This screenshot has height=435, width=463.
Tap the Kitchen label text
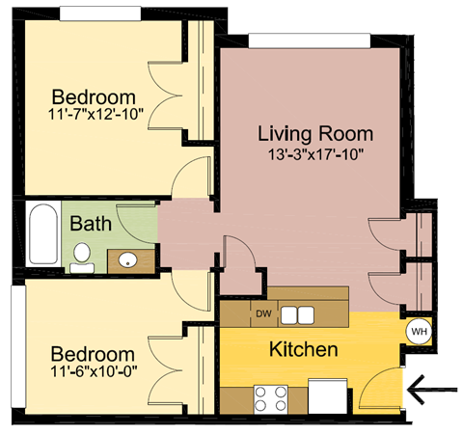tap(303, 349)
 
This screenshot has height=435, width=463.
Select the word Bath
tap(92, 224)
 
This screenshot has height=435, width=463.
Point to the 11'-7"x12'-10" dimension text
tap(94, 117)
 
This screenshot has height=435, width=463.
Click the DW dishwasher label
tap(262, 313)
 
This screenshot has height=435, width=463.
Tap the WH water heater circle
tap(419, 330)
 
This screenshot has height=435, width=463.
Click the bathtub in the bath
tap(41, 235)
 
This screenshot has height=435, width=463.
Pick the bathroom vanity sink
tap(126, 258)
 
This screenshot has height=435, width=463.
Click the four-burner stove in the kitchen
tap(270, 397)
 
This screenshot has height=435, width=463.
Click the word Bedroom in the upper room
tap(94, 98)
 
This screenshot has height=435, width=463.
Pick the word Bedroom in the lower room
tap(93, 354)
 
